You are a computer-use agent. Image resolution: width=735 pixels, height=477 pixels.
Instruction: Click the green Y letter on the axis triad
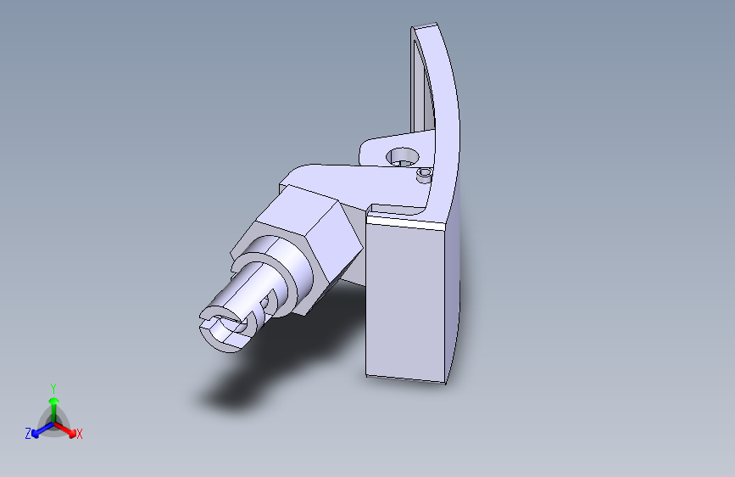(53, 388)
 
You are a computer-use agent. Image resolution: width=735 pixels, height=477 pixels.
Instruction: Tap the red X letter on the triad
(79, 434)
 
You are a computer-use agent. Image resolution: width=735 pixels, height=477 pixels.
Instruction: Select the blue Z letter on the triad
(28, 434)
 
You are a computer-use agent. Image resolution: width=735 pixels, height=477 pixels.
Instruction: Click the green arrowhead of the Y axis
(54, 401)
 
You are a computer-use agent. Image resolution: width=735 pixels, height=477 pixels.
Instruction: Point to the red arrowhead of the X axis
(72, 434)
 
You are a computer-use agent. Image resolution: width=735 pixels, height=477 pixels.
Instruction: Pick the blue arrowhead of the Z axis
(35, 435)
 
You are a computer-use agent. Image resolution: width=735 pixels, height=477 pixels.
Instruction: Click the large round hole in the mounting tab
(402, 157)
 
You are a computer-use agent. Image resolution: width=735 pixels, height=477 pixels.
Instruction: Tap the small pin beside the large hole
(424, 175)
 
